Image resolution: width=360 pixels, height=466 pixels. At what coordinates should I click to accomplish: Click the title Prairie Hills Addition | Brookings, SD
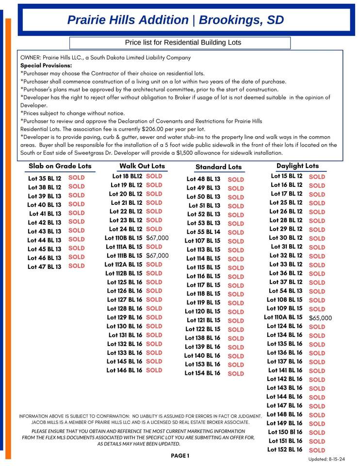click(x=175, y=20)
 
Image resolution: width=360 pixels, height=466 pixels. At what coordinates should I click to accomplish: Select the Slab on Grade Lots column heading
click(x=60, y=166)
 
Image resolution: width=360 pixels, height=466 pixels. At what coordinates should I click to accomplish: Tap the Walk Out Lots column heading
click(x=142, y=166)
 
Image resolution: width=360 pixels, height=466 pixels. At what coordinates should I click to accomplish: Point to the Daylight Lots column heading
click(x=297, y=166)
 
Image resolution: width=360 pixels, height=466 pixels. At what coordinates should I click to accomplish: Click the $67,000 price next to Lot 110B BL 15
click(x=157, y=238)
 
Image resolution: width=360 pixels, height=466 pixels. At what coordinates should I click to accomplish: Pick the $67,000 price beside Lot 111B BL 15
click(x=157, y=255)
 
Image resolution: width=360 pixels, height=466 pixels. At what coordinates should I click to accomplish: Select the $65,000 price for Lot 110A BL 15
click(x=320, y=318)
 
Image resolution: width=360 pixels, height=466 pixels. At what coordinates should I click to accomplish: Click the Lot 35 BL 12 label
click(x=45, y=178)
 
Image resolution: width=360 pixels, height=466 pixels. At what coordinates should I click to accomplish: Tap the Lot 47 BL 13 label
click(x=45, y=266)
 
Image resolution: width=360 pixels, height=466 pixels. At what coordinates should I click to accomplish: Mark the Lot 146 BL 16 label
click(x=125, y=370)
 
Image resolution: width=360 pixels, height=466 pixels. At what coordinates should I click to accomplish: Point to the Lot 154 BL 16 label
click(x=202, y=373)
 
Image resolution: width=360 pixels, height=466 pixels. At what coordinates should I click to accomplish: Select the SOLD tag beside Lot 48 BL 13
click(x=236, y=179)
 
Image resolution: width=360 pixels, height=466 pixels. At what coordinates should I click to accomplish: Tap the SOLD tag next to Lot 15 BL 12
click(x=317, y=177)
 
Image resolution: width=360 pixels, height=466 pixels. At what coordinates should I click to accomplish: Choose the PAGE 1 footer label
click(x=180, y=455)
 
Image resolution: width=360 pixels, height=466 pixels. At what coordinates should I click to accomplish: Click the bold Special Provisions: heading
click(x=46, y=65)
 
